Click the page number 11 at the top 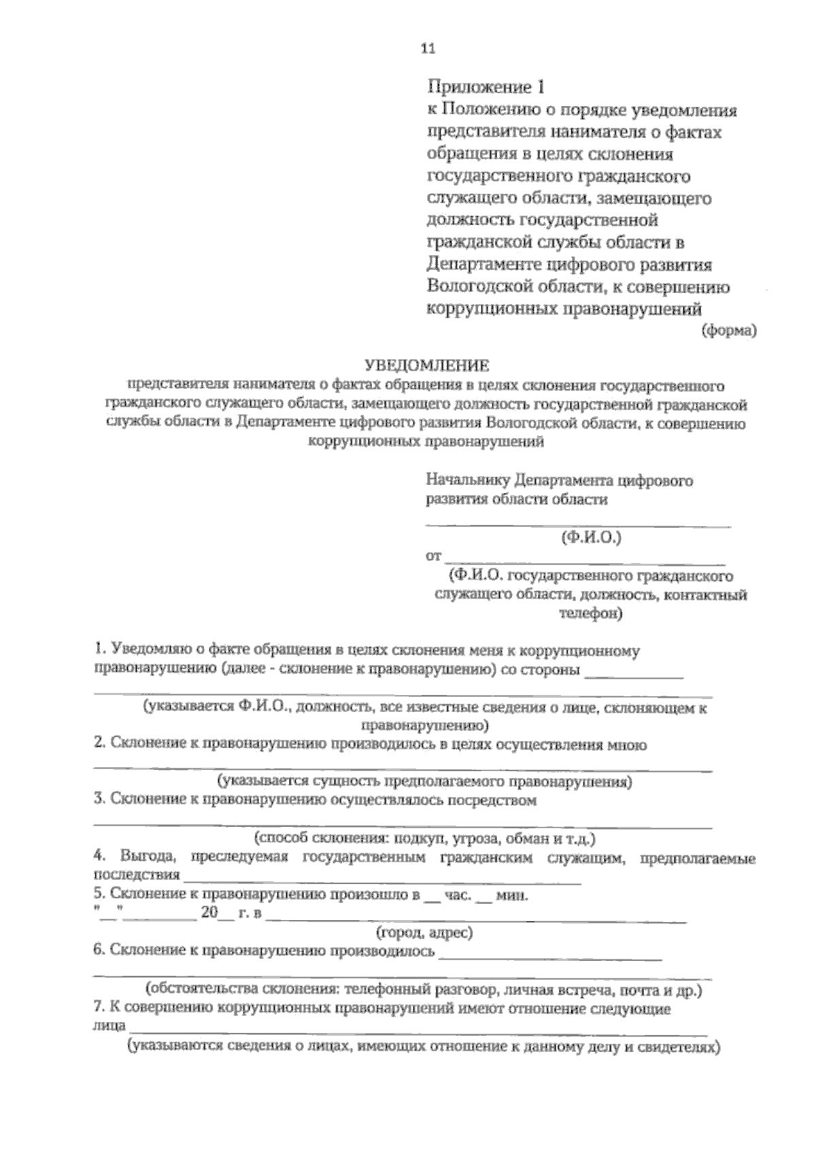(428, 48)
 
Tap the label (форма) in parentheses (729, 331)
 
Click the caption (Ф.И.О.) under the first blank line (591, 538)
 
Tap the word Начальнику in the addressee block (468, 481)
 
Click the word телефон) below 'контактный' (590, 613)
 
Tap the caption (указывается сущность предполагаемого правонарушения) (424, 781)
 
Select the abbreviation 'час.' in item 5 (456, 896)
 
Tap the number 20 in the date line (209, 913)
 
